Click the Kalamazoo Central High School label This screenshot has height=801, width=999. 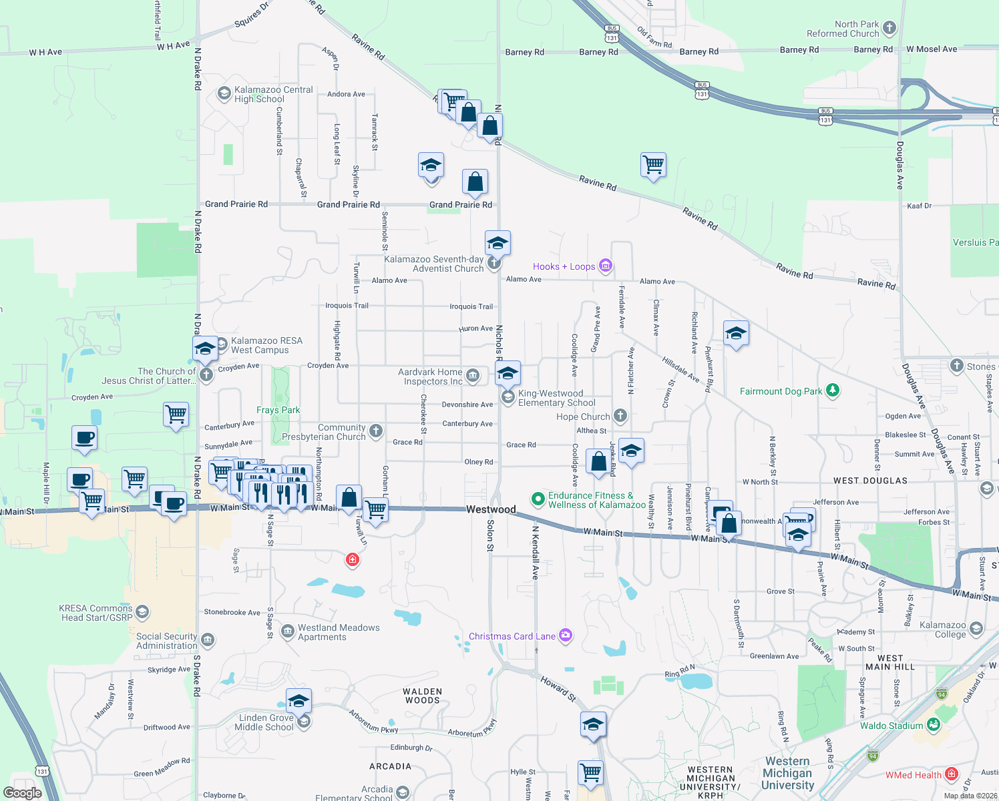[273, 94]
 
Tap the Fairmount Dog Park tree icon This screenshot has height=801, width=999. [832, 390]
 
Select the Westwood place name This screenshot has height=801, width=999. [491, 509]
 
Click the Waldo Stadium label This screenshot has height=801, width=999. [891, 726]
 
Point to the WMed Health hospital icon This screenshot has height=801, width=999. [952, 775]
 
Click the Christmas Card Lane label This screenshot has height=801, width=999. [512, 636]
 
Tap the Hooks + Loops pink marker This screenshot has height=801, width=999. [606, 266]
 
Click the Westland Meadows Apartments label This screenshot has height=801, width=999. [339, 632]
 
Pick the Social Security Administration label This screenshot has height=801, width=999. [167, 641]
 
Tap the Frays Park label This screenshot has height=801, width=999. [278, 410]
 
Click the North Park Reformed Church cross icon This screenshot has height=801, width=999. [889, 28]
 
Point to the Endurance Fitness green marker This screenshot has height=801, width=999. [538, 499]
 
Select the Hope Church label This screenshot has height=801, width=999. [583, 417]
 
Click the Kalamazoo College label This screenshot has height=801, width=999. [942, 629]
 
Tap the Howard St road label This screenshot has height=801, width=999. [558, 688]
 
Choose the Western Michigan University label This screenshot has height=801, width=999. [788, 773]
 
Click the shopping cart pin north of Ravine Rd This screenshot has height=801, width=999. [653, 164]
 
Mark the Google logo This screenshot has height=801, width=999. [22, 792]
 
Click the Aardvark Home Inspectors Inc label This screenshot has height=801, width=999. [430, 376]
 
